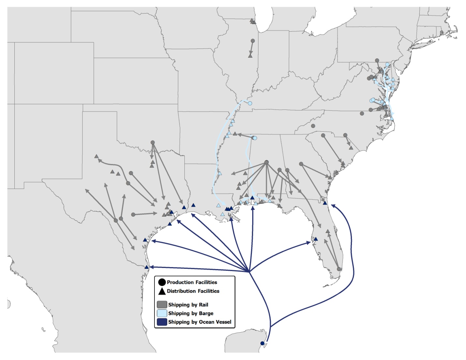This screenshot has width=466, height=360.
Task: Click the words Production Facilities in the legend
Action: [x=192, y=282]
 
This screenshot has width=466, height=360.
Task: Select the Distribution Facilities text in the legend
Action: [x=193, y=291]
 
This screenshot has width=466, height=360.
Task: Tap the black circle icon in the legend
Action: [x=162, y=282]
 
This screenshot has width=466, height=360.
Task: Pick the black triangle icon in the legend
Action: [x=162, y=291]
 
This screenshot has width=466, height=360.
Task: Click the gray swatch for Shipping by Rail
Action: [x=162, y=305]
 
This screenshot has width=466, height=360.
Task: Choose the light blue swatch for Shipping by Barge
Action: [x=162, y=313]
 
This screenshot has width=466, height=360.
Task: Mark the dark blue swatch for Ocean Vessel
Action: [x=162, y=322]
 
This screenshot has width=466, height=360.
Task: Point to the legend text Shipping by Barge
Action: [x=191, y=313]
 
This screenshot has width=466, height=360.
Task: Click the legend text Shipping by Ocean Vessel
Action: [x=199, y=322]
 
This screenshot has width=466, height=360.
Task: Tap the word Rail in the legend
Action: [x=203, y=305]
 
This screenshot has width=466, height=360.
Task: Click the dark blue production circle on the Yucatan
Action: [x=262, y=343]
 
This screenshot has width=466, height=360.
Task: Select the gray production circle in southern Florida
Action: [x=339, y=269]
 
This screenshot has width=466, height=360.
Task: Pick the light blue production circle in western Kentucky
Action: [x=250, y=103]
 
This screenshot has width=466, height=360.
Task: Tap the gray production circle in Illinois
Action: [x=253, y=41]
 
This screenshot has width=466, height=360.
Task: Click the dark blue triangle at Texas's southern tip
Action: [x=146, y=267]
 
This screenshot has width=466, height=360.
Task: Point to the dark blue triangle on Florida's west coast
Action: [x=315, y=239]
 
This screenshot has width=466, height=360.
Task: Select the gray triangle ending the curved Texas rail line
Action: [x=96, y=157]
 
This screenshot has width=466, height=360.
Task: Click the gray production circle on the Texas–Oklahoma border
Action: [x=153, y=142]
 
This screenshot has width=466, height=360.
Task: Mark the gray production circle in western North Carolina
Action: [x=313, y=126]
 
